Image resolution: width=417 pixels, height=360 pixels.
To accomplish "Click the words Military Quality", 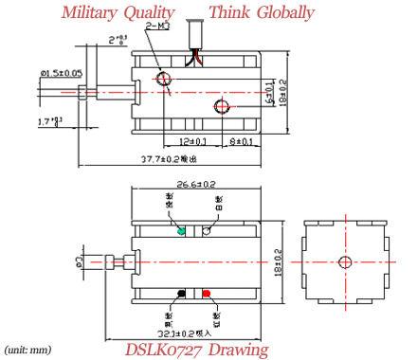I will coord(118,13).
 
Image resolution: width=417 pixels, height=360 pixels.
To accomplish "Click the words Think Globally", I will coord(262,13).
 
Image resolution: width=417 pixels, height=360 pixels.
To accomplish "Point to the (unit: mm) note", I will coord(28,349).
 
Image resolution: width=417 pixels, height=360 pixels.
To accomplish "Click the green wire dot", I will coord(181,230).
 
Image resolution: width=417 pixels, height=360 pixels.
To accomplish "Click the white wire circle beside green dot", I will coord(207,230).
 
